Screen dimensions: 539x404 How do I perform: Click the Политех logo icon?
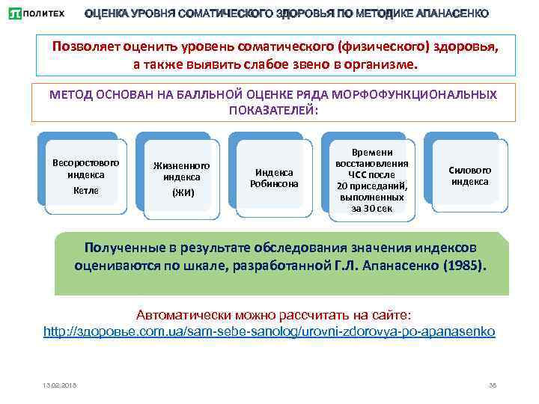pyautogui.click(x=14, y=13)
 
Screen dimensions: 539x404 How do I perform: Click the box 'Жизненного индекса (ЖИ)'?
pyautogui.click(x=181, y=180)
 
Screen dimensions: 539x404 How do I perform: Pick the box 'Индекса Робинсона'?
pyautogui.click(x=274, y=177)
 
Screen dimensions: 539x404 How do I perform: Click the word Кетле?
pyautogui.click(x=86, y=190)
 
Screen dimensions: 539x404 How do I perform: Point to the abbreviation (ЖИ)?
pyautogui.click(x=182, y=192)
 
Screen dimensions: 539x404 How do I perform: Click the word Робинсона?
pyautogui.click(x=274, y=183)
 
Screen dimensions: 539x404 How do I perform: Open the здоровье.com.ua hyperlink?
pyautogui.click(x=269, y=330)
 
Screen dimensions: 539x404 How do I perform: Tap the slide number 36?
pyautogui.click(x=492, y=385)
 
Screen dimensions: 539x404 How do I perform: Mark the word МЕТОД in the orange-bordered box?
pyautogui.click(x=69, y=95)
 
